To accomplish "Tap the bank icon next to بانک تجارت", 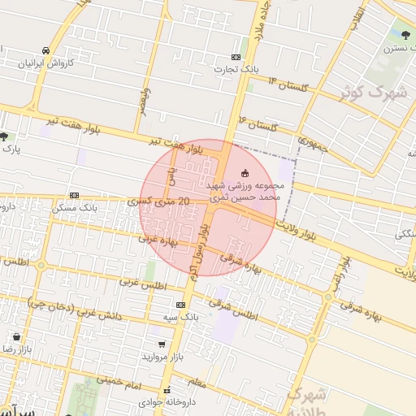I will pyautogui.click(x=236, y=57).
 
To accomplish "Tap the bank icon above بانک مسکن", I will pyautogui.click(x=74, y=195).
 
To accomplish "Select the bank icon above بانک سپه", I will pyautogui.click(x=180, y=304).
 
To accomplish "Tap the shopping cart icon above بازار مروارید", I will pyautogui.click(x=161, y=344).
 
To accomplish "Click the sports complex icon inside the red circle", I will pyautogui.click(x=245, y=171).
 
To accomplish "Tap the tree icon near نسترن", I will pyautogui.click(x=403, y=34).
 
